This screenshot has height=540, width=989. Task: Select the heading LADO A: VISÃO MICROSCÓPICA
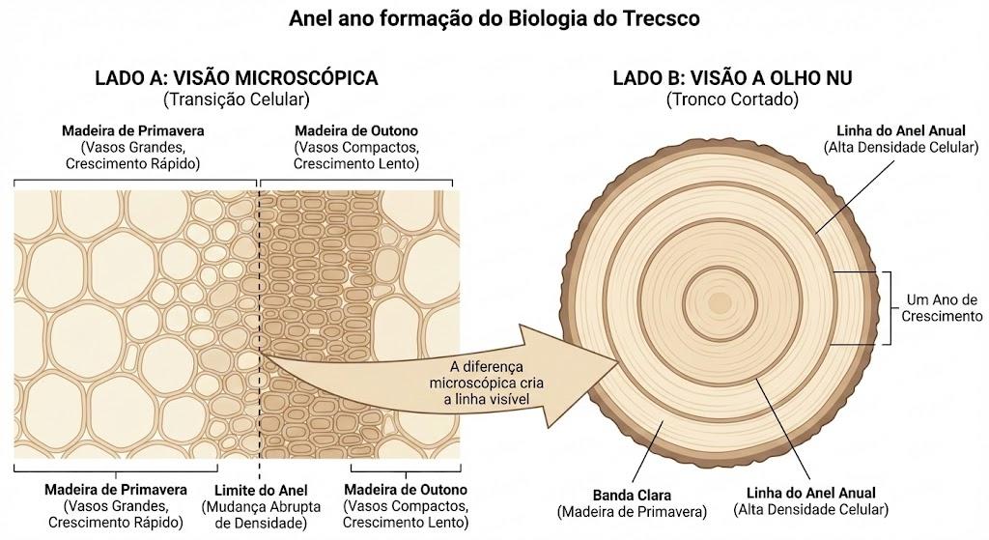237,77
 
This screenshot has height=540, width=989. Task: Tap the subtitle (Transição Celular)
237,99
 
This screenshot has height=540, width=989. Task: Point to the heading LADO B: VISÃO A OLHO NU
732,77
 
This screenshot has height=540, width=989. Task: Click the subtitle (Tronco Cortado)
732,99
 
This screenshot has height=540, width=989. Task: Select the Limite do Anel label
261,490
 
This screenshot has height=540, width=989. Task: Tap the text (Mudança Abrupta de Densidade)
261,515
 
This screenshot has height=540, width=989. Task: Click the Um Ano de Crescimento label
942,308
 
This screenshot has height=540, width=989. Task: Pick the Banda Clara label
632,496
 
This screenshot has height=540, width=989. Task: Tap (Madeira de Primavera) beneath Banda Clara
632,512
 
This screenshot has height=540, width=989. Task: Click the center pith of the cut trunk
719,303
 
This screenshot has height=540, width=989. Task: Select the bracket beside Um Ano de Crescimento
888,308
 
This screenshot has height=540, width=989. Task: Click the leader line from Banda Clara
647,454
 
